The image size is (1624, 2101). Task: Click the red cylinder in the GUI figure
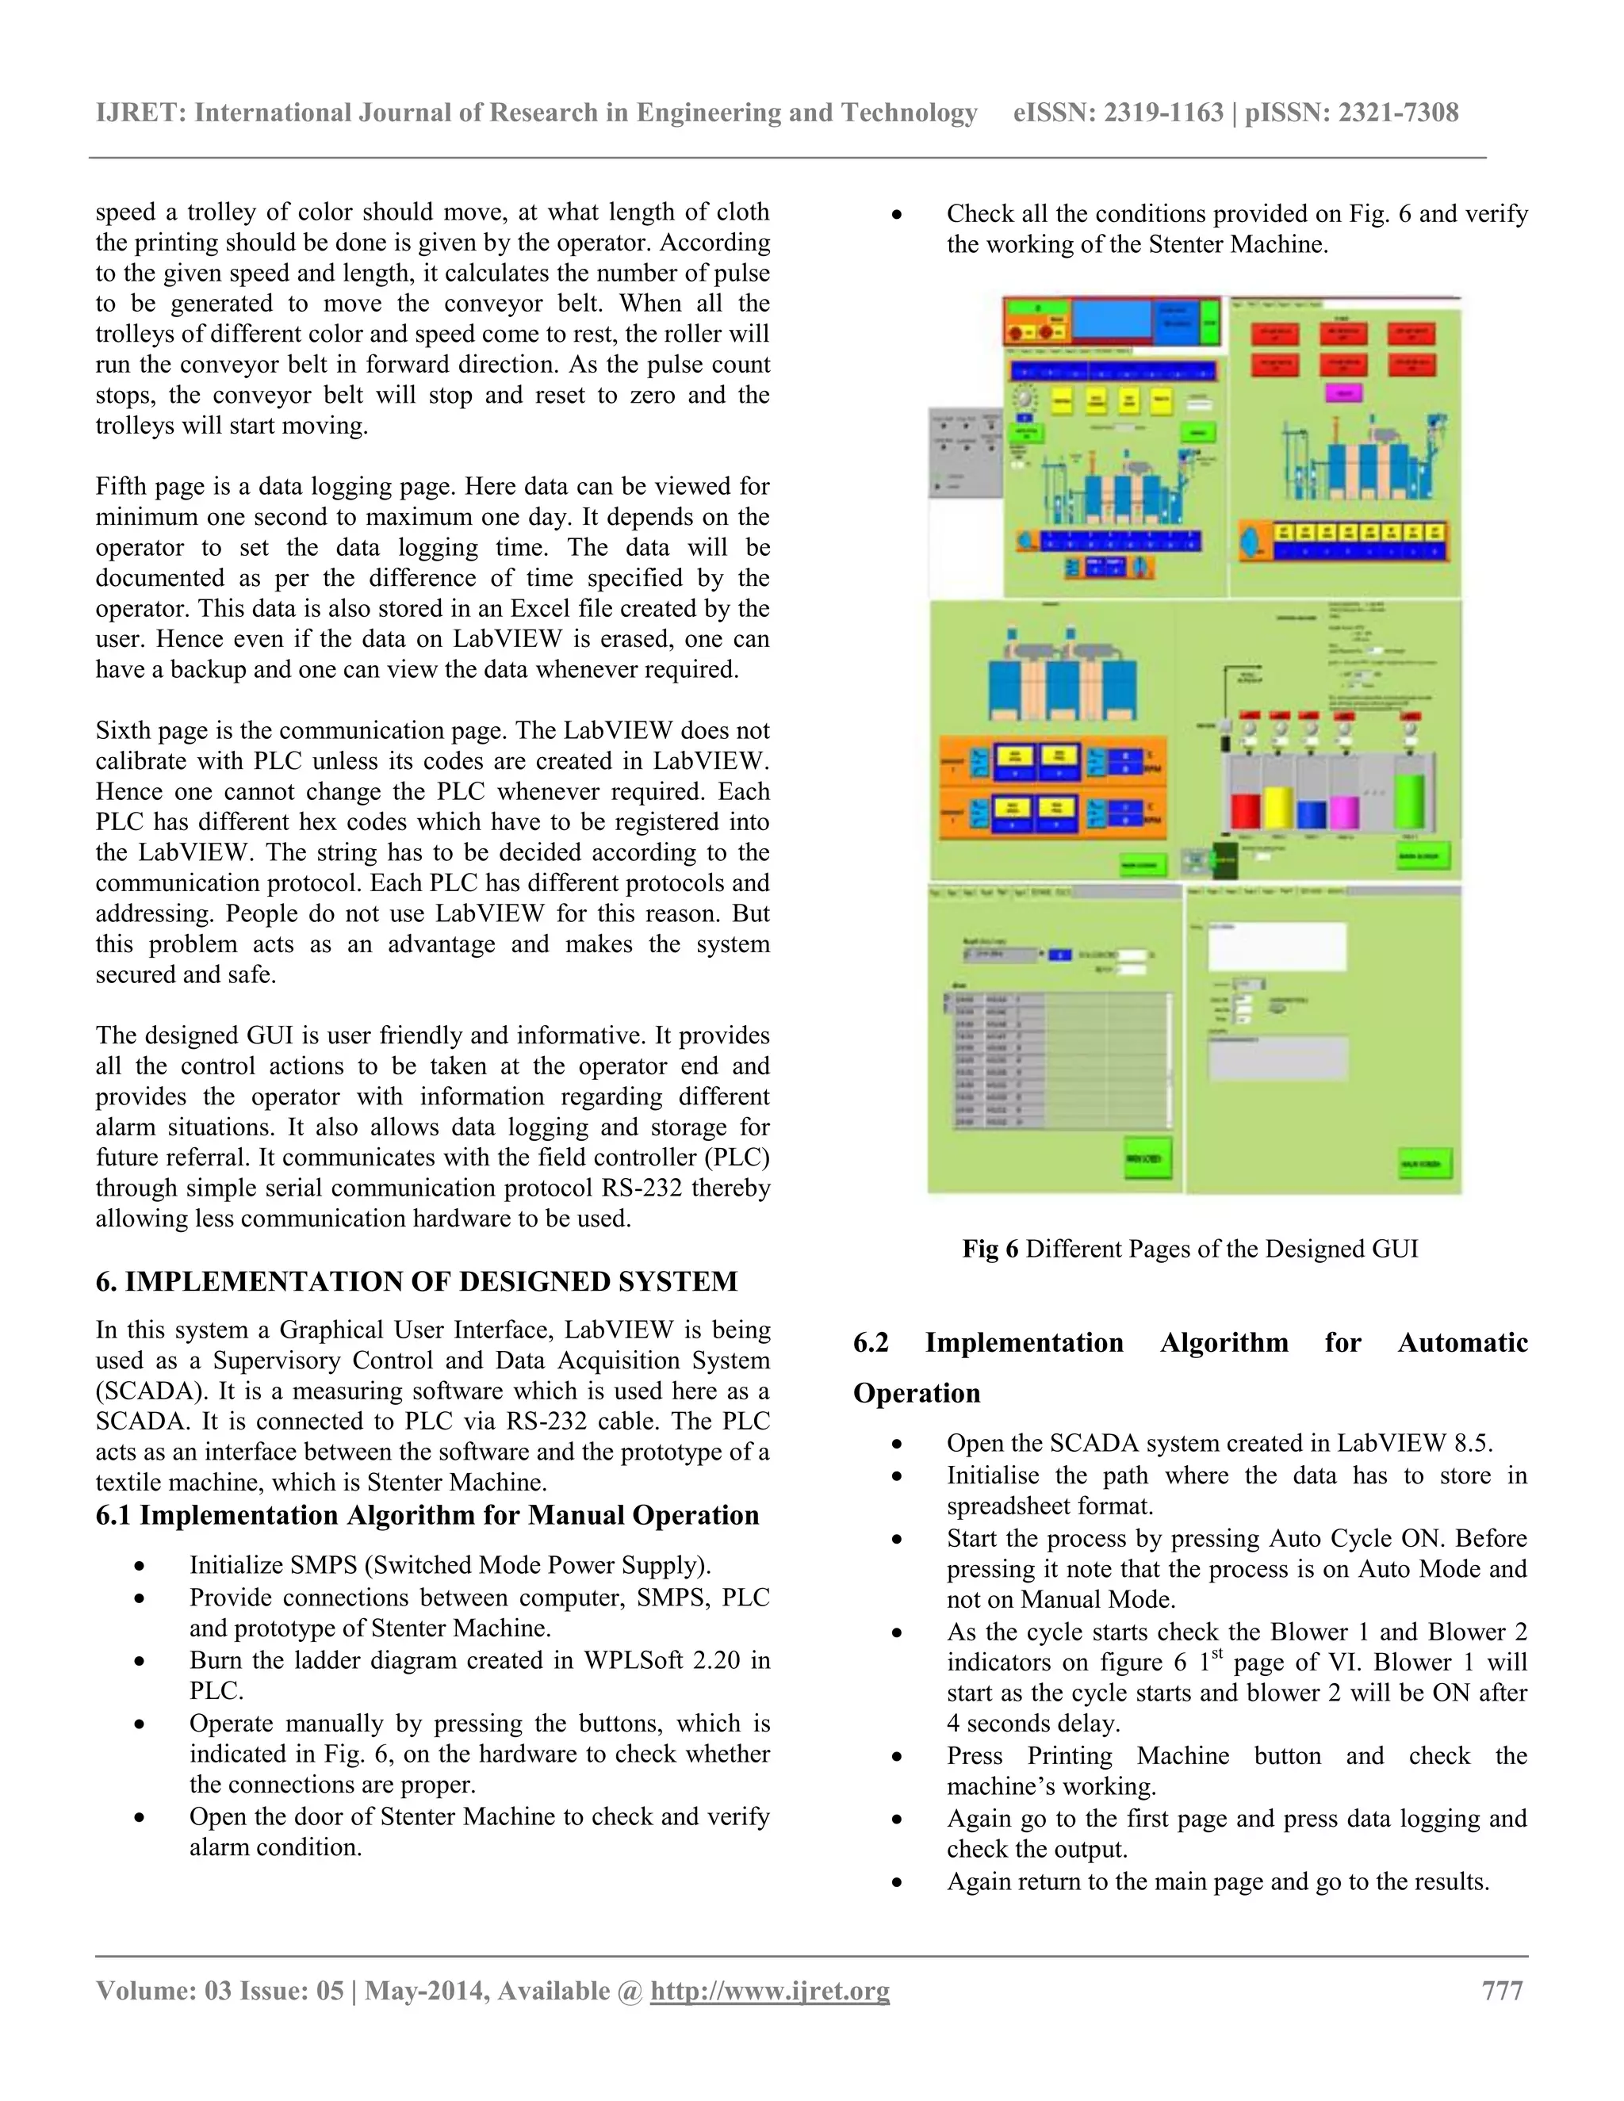point(1246,811)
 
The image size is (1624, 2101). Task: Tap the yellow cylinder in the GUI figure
point(1277,807)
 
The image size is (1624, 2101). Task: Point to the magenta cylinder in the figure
point(1344,813)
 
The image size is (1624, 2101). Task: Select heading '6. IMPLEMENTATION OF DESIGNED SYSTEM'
point(416,1282)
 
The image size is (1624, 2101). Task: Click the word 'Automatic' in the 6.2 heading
point(1462,1343)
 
